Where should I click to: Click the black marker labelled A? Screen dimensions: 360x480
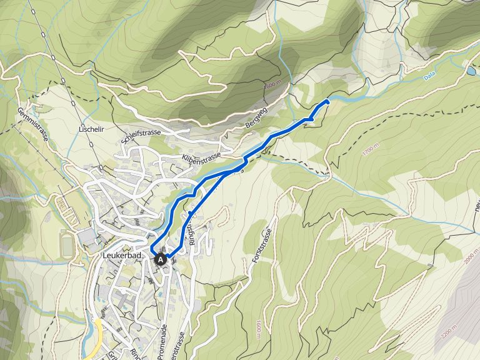coord(161,259)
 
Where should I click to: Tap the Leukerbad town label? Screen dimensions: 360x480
coord(122,256)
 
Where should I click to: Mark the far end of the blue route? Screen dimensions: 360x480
coord(327,101)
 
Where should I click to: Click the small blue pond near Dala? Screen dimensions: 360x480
coord(470,71)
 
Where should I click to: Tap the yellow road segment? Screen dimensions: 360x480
coord(94,341)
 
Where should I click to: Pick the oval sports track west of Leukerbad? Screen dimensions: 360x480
coord(67,244)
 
